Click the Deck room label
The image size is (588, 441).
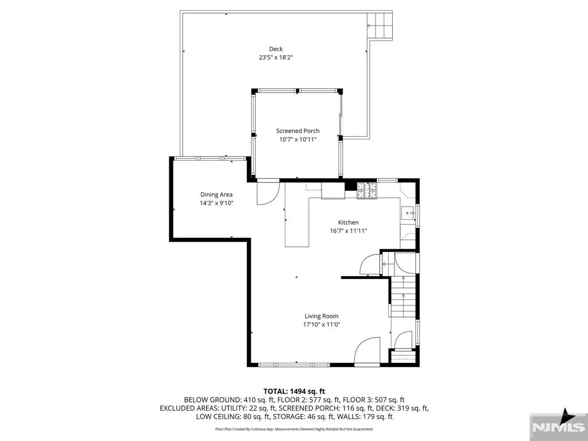pos(276,49)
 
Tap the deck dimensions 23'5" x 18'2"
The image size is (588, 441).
pos(276,58)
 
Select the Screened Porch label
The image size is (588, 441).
pos(298,131)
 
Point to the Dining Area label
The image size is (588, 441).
pos(216,195)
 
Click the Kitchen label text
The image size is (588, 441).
pos(349,222)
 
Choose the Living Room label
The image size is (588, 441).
pos(322,316)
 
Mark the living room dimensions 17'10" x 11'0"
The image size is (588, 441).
pos(322,325)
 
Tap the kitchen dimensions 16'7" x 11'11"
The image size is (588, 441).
pos(349,231)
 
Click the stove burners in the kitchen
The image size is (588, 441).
pos(367,191)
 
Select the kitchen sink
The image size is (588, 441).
pos(408,213)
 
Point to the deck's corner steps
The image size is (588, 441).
pos(380,25)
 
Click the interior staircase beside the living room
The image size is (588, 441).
pos(403,296)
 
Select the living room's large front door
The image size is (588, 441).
pos(367,351)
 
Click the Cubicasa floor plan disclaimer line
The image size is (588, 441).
pos(294,429)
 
